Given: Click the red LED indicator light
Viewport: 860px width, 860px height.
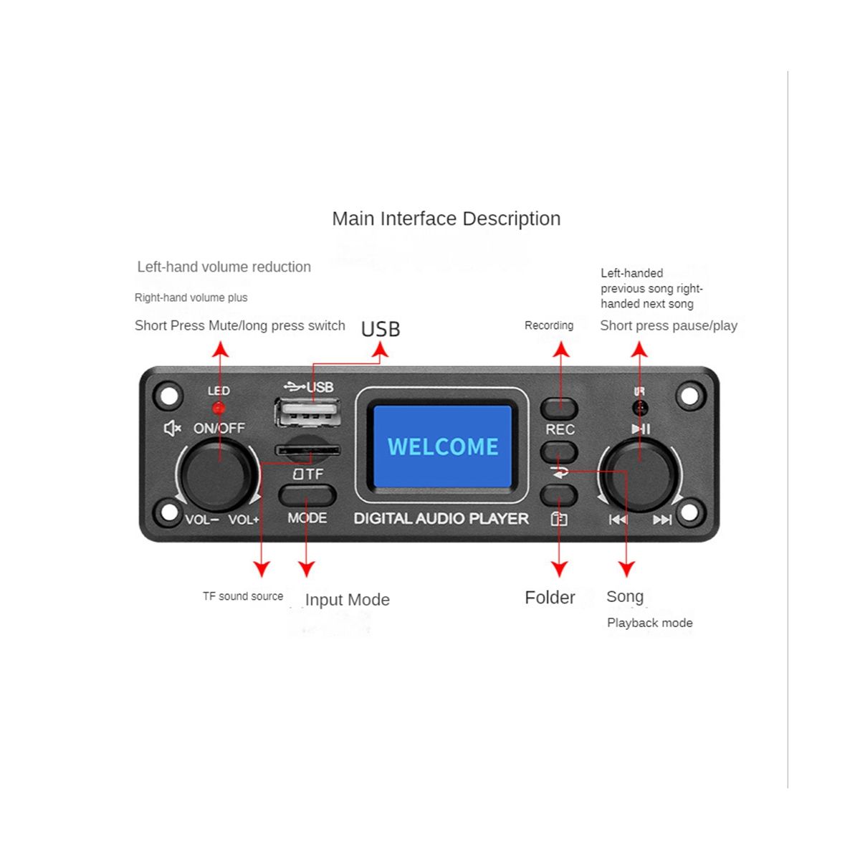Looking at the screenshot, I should tap(219, 408).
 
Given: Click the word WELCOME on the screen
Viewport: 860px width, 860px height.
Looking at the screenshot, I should tap(443, 446).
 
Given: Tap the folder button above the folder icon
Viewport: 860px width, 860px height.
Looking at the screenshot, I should tap(559, 494).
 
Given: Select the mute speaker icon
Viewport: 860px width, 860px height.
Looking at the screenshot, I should tap(172, 429).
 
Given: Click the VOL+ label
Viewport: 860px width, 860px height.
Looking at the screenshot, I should tap(244, 520).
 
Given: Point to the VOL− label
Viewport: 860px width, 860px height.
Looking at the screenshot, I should tap(201, 520).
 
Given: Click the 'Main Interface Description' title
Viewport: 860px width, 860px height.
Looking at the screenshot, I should tap(446, 219).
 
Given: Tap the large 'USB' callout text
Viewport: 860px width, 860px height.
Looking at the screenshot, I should tap(381, 329).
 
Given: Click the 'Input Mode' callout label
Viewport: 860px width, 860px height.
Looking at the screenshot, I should tap(347, 600).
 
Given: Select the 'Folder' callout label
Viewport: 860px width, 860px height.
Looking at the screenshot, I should tap(550, 598).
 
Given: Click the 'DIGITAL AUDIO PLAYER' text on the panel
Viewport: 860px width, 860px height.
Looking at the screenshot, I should tap(441, 518).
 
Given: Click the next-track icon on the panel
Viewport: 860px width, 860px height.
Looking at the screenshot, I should tap(662, 520).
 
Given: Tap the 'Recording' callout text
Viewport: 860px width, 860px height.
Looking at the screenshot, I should tap(549, 325).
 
